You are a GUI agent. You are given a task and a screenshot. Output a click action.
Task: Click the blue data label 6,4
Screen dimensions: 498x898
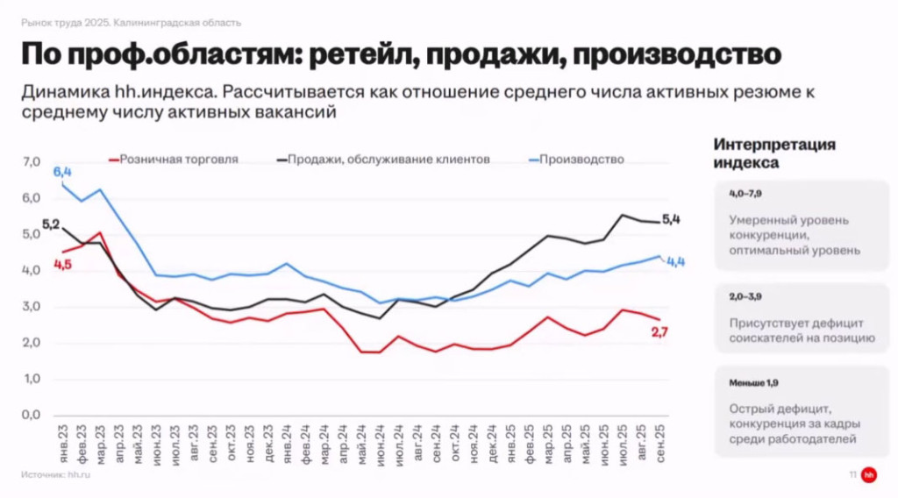tap(62, 172)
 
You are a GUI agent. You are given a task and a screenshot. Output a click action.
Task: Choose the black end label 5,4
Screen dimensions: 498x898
tap(671, 219)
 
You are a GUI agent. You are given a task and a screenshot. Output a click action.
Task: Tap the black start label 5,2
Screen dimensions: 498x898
tap(50, 225)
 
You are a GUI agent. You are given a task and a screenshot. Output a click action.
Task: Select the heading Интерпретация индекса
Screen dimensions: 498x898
tap(773, 153)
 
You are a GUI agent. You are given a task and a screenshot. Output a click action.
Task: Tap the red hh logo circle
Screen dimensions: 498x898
tap(868, 474)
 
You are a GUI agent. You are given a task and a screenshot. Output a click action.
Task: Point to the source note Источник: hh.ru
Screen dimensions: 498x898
tap(56, 474)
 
